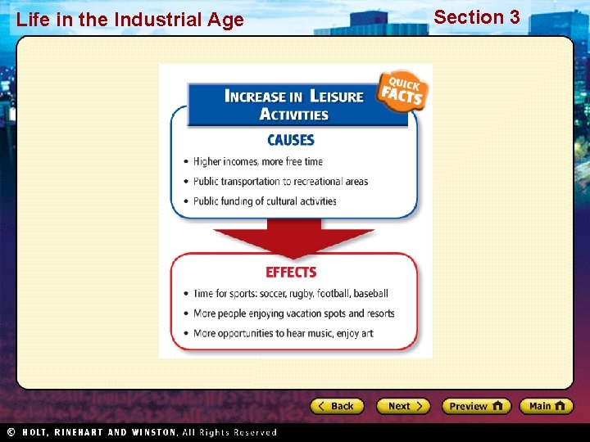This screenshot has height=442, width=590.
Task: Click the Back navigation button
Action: (337, 406)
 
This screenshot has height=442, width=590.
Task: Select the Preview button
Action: (475, 406)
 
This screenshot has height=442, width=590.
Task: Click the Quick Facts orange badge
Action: (401, 92)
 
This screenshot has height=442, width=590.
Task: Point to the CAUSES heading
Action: (290, 140)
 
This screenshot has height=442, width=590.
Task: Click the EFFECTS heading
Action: (291, 273)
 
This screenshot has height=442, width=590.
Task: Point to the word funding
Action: (243, 201)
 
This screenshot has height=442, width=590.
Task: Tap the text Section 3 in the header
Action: (476, 17)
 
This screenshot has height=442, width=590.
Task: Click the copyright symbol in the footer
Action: (11, 432)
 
